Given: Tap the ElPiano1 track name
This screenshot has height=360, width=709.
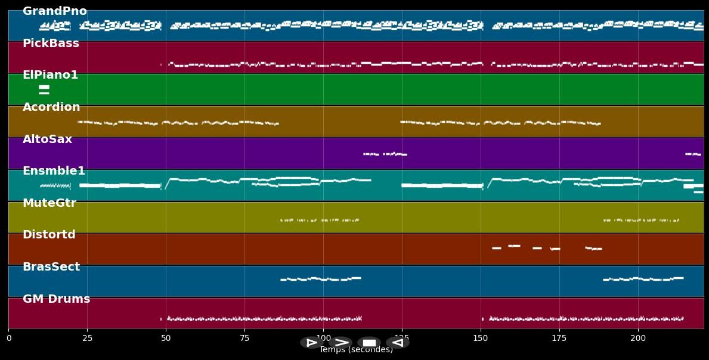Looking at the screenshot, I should [50, 75].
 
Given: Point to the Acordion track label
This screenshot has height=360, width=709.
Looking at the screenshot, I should [51, 107].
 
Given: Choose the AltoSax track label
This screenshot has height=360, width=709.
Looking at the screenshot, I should [47, 139].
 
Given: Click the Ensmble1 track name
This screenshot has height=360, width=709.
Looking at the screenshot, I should [54, 171].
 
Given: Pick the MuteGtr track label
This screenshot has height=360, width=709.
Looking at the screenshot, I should [49, 203].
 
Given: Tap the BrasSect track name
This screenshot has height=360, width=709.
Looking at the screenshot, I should [51, 267].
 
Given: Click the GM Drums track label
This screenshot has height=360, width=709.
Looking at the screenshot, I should [56, 299].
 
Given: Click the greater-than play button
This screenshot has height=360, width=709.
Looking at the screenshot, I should [341, 343].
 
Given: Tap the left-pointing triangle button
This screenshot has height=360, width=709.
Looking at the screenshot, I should [397, 343].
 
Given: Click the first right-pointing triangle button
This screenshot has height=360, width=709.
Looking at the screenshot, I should [311, 343].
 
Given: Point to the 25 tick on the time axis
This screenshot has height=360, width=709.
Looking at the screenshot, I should [87, 339].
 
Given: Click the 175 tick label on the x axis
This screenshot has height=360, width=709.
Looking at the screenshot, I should [559, 339].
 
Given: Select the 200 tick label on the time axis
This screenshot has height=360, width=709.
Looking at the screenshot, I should [638, 339].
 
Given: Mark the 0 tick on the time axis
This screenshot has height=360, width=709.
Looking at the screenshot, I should [8, 339].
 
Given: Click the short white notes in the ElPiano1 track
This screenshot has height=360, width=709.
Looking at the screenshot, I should [44, 90].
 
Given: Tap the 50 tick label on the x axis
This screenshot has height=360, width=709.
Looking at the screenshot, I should [166, 339].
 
